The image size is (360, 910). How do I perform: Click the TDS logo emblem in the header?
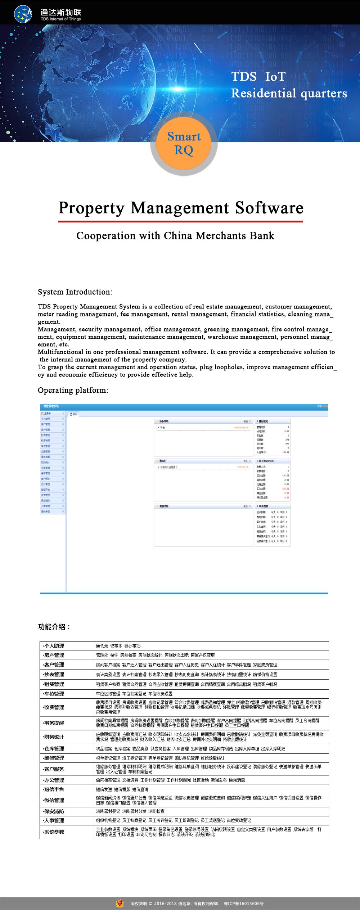pyautogui.click(x=23, y=14)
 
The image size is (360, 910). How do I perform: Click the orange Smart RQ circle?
pyautogui.click(x=184, y=143)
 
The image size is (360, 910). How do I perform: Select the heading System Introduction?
pyautogui.click(x=75, y=292)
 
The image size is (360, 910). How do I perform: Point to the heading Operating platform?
pyautogui.click(x=73, y=390)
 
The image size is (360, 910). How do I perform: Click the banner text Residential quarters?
pyautogui.click(x=289, y=93)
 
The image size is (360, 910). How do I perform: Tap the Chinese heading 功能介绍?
pyautogui.click(x=54, y=627)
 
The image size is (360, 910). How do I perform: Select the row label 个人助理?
pyautogui.click(x=54, y=646)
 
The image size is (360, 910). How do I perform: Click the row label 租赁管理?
pyautogui.click(x=54, y=684)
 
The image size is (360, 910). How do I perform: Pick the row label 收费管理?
pyautogui.click(x=54, y=707)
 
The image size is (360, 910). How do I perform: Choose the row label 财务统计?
pyautogui.click(x=54, y=737)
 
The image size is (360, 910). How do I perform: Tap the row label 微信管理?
pyautogui.click(x=54, y=800)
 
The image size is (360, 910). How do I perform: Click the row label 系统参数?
pyautogui.click(x=54, y=832)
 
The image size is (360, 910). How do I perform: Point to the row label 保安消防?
pyautogui.click(x=54, y=811)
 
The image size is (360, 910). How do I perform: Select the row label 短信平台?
pyautogui.click(x=54, y=789)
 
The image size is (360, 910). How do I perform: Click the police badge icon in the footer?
pyautogui.click(x=120, y=903)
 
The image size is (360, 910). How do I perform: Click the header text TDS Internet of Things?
pyautogui.click(x=60, y=19)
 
